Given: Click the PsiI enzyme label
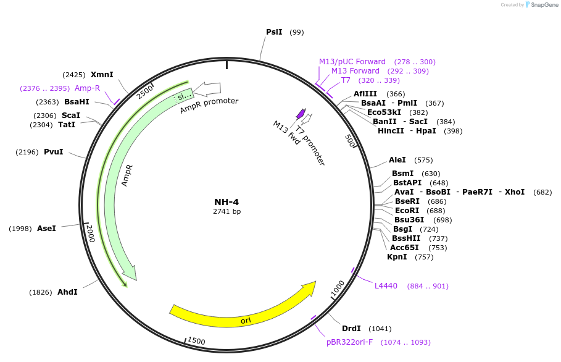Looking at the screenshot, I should point(274,32).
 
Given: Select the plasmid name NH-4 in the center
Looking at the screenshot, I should point(226,202).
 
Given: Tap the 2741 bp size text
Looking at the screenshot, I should point(226,211).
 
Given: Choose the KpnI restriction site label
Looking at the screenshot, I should point(397,257).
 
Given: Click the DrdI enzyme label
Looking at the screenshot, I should point(351,329).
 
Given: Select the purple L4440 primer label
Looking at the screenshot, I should point(386,286).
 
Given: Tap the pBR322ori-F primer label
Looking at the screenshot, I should point(350,342).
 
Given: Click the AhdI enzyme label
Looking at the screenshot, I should point(67,292).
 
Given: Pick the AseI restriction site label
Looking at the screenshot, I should point(46,229).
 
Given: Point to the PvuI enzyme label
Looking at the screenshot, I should point(53,152).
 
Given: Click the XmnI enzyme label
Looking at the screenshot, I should point(102,75).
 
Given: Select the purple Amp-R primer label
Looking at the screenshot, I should point(87,88).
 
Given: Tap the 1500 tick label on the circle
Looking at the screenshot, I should point(196,341).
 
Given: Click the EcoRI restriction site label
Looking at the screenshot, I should point(407,211).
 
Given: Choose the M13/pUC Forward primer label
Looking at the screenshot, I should point(352,62).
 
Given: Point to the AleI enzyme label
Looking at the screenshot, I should point(397,160).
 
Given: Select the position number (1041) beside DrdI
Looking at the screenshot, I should point(380,329).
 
